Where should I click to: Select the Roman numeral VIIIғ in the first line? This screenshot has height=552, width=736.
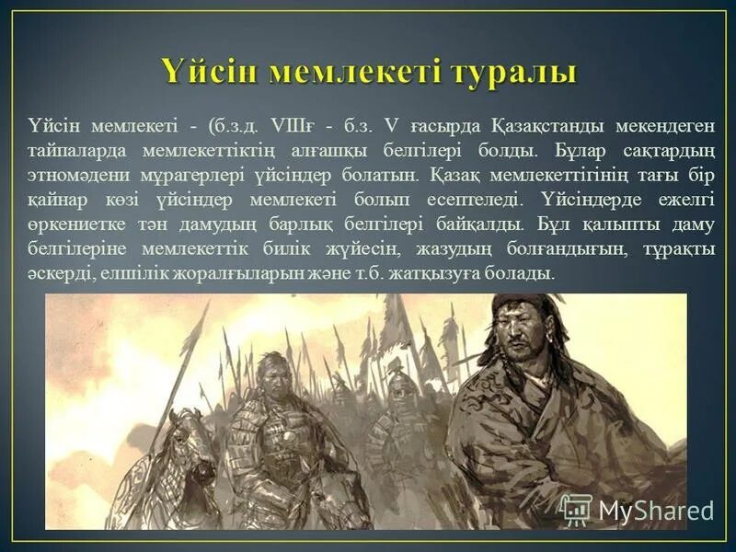pos(291,125)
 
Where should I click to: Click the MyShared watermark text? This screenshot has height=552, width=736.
pos(655,511)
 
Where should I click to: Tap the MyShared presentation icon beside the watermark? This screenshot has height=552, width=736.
pos(576,509)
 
